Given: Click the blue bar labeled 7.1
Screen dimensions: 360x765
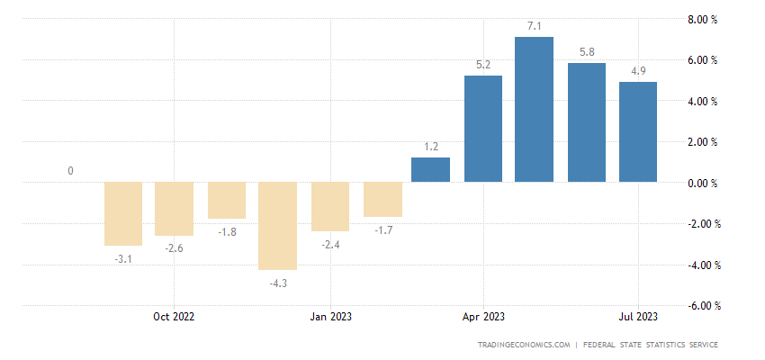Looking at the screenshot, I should tap(534, 110).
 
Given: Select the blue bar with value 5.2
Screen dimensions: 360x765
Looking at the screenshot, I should tap(482, 129).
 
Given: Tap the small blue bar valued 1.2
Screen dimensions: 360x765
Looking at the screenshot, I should tap(430, 170).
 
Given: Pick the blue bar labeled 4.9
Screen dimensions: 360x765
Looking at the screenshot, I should tap(637, 132).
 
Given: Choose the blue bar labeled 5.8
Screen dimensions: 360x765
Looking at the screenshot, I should tap(586, 123).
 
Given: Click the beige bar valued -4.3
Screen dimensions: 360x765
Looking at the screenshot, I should tap(277, 226).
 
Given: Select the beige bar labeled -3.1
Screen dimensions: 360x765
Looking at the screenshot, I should tap(123, 214).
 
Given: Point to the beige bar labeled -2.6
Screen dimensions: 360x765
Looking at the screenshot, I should tap(175, 209).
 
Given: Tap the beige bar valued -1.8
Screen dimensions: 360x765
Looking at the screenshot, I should tap(226, 201).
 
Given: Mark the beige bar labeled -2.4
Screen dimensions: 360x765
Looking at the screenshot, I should tap(329, 207).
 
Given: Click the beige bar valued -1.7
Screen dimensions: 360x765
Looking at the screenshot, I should tap(382, 200).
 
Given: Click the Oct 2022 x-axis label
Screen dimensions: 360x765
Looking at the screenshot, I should tap(174, 317).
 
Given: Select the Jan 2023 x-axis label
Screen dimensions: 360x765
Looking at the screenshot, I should tap(329, 317).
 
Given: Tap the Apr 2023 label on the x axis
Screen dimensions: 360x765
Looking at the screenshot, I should tap(482, 317).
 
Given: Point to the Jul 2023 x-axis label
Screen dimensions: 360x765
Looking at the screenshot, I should tap(637, 317).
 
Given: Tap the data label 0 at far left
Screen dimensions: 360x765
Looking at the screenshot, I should tap(70, 171).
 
